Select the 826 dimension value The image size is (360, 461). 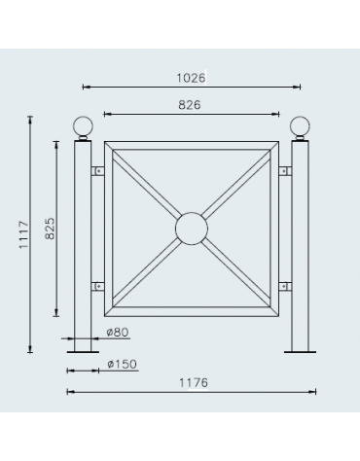coord(190,104)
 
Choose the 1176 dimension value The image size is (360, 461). coord(191,383)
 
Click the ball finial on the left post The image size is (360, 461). coord(83,128)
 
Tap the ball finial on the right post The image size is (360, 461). coord(300,128)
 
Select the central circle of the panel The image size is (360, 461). coord(191,230)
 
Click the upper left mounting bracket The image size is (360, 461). coord(97,172)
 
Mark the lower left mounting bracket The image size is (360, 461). coord(97,287)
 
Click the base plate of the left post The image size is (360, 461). coord(83,351)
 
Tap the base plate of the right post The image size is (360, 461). coord(300,351)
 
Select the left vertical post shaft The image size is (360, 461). coord(83,243)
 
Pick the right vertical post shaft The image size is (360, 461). coord(300,243)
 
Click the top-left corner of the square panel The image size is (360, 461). coord(106,144)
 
